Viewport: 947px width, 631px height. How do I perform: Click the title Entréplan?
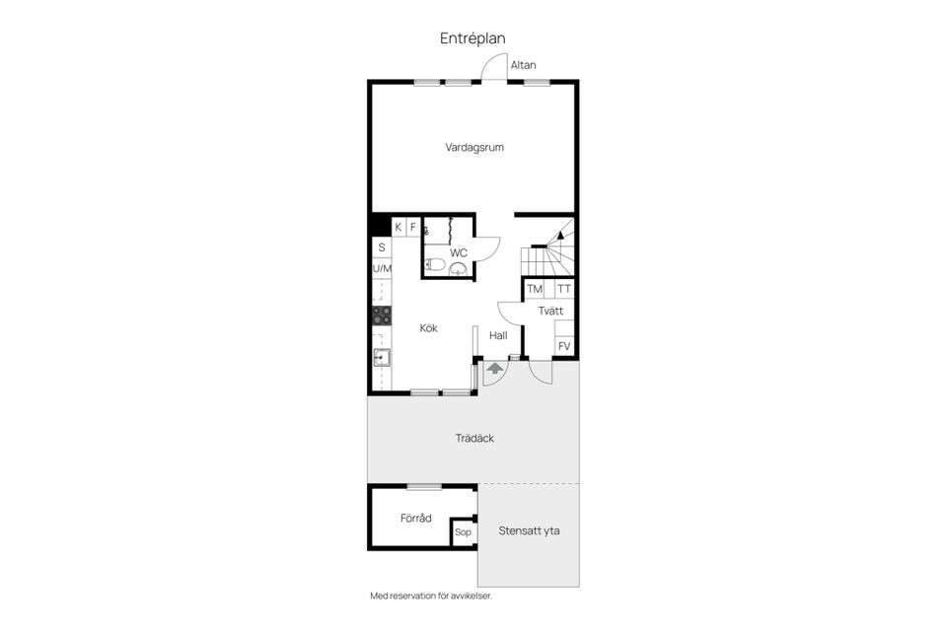pos(473,38)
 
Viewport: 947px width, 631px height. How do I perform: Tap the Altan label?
pos(523,65)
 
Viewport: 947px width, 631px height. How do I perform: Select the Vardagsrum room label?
pos(474,148)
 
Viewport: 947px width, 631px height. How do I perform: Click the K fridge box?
pos(399,227)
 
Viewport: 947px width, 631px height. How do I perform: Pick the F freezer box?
pos(413,227)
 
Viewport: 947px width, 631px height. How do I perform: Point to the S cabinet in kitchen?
pos(381,247)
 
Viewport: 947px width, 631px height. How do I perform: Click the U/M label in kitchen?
pos(381,268)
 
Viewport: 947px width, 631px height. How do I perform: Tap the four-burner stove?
pos(381,315)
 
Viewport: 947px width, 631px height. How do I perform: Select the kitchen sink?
pos(381,358)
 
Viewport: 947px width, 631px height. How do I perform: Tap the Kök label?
pos(428,328)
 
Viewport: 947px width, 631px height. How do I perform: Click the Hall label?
pos(498,335)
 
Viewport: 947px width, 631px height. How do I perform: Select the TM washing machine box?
pos(535,289)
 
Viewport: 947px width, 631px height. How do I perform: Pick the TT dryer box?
pos(563,289)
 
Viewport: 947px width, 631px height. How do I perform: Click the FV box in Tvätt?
pos(564,346)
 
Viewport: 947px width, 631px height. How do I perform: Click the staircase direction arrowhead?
pos(561,234)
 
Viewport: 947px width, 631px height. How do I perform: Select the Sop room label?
pos(463,532)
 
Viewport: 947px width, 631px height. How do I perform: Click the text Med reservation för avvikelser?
pos(430,596)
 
